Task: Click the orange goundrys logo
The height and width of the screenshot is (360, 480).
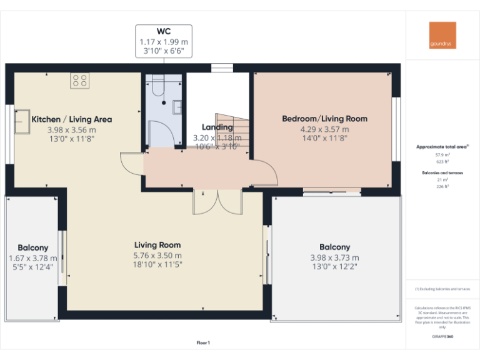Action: (x=442, y=36)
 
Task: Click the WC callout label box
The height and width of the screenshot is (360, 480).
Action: (x=164, y=42)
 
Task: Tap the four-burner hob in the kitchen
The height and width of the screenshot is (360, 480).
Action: (x=80, y=80)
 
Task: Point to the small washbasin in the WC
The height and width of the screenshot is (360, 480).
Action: (x=177, y=107)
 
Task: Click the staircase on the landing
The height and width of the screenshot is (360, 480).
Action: (x=234, y=131)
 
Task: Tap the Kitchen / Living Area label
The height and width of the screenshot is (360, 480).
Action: (x=71, y=119)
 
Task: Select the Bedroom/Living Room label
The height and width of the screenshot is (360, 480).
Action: (x=324, y=119)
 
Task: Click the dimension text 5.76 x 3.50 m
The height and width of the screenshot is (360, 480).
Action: (x=157, y=256)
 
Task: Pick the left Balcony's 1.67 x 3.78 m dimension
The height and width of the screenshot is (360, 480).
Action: (x=32, y=258)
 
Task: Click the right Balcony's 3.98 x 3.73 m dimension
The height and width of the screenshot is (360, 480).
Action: (x=334, y=257)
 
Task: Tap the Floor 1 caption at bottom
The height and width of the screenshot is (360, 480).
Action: (x=203, y=342)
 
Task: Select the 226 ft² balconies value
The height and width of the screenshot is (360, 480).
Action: (x=442, y=186)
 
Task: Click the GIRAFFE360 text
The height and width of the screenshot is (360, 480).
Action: (x=442, y=336)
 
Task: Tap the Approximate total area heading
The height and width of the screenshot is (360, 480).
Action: (x=442, y=147)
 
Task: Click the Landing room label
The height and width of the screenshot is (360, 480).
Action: (x=217, y=127)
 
